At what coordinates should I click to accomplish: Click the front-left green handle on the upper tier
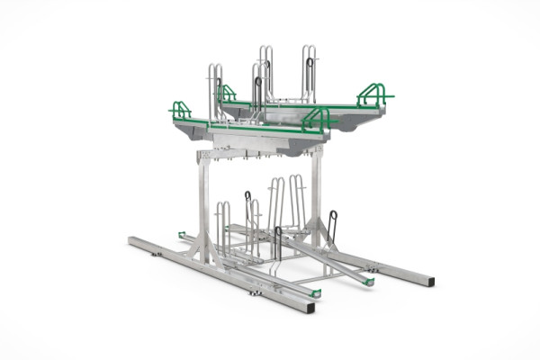[x=180, y=110]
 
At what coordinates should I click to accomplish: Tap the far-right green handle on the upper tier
[x=373, y=93]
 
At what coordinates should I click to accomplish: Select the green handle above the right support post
[x=317, y=118]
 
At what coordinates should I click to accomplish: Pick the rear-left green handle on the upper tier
[x=226, y=92]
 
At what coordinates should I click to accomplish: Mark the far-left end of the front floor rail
[x=131, y=240]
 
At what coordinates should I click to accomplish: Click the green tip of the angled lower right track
[x=369, y=281]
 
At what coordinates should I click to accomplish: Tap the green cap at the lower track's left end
[x=182, y=235]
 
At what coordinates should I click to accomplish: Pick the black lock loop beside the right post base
[x=333, y=225]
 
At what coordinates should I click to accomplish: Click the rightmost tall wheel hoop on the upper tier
[x=309, y=72]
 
